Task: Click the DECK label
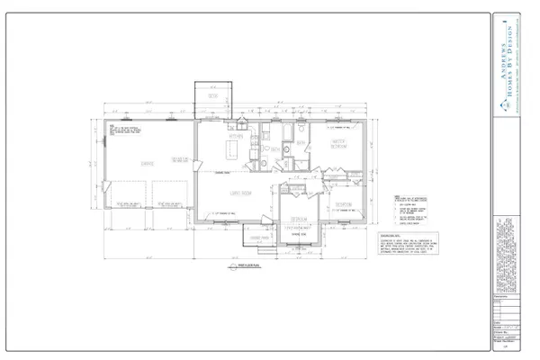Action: (214, 94)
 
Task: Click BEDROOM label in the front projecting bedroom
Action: (297, 217)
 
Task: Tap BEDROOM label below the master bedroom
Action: (341, 202)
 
